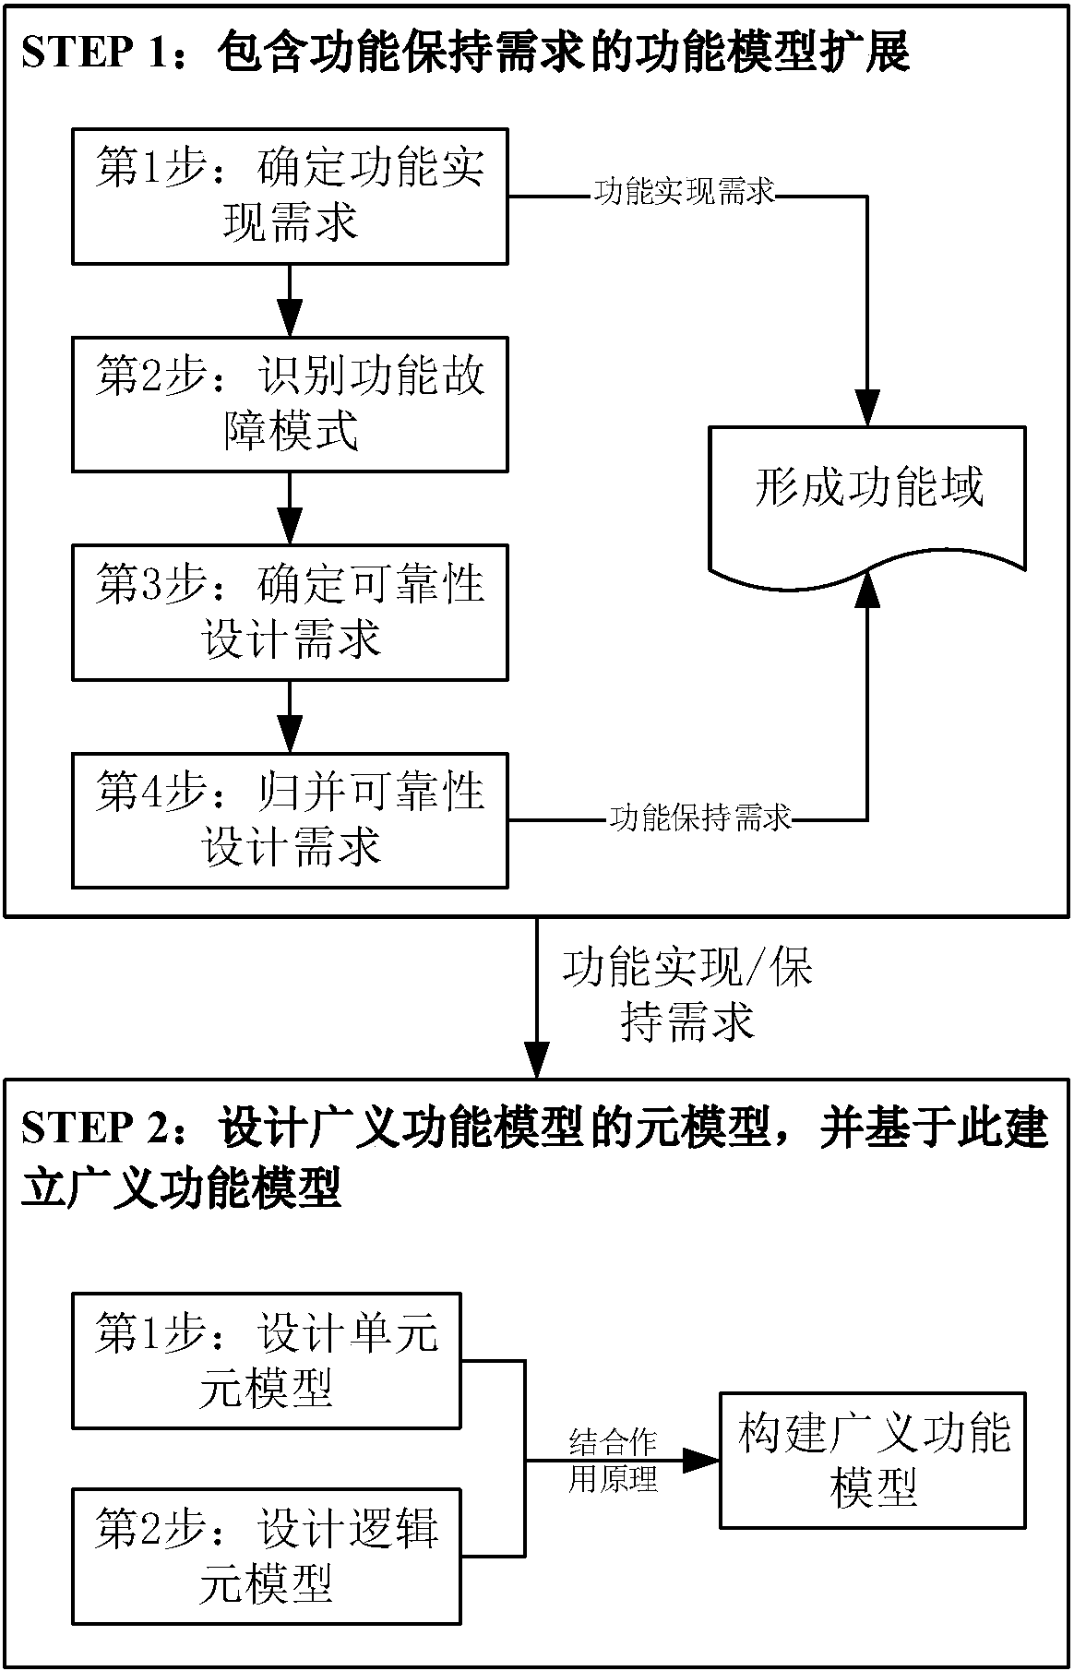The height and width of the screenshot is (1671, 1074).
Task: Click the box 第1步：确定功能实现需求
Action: pyautogui.click(x=290, y=197)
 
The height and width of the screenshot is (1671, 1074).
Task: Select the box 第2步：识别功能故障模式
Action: pyautogui.click(x=290, y=404)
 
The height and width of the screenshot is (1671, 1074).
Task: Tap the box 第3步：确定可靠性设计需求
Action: pyautogui.click(x=290, y=613)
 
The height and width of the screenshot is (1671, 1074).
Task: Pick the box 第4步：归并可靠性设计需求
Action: pyautogui.click(x=290, y=820)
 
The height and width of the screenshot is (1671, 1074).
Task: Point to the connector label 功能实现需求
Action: pyautogui.click(x=684, y=193)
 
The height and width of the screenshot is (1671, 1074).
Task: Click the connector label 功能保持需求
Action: pyautogui.click(x=699, y=818)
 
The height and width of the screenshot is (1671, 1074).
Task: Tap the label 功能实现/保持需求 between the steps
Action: pyautogui.click(x=687, y=996)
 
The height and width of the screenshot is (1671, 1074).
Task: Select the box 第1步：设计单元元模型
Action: pyautogui.click(x=267, y=1361)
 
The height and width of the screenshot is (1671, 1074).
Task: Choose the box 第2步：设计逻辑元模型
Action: pyautogui.click(x=267, y=1556)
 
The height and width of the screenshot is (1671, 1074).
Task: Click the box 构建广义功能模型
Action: pyautogui.click(x=872, y=1460)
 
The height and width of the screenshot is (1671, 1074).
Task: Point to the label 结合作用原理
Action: pyautogui.click(x=613, y=1461)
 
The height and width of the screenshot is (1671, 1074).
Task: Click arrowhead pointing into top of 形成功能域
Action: pyautogui.click(x=866, y=412)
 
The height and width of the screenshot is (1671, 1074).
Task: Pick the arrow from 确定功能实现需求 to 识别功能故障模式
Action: pyautogui.click(x=290, y=301)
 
